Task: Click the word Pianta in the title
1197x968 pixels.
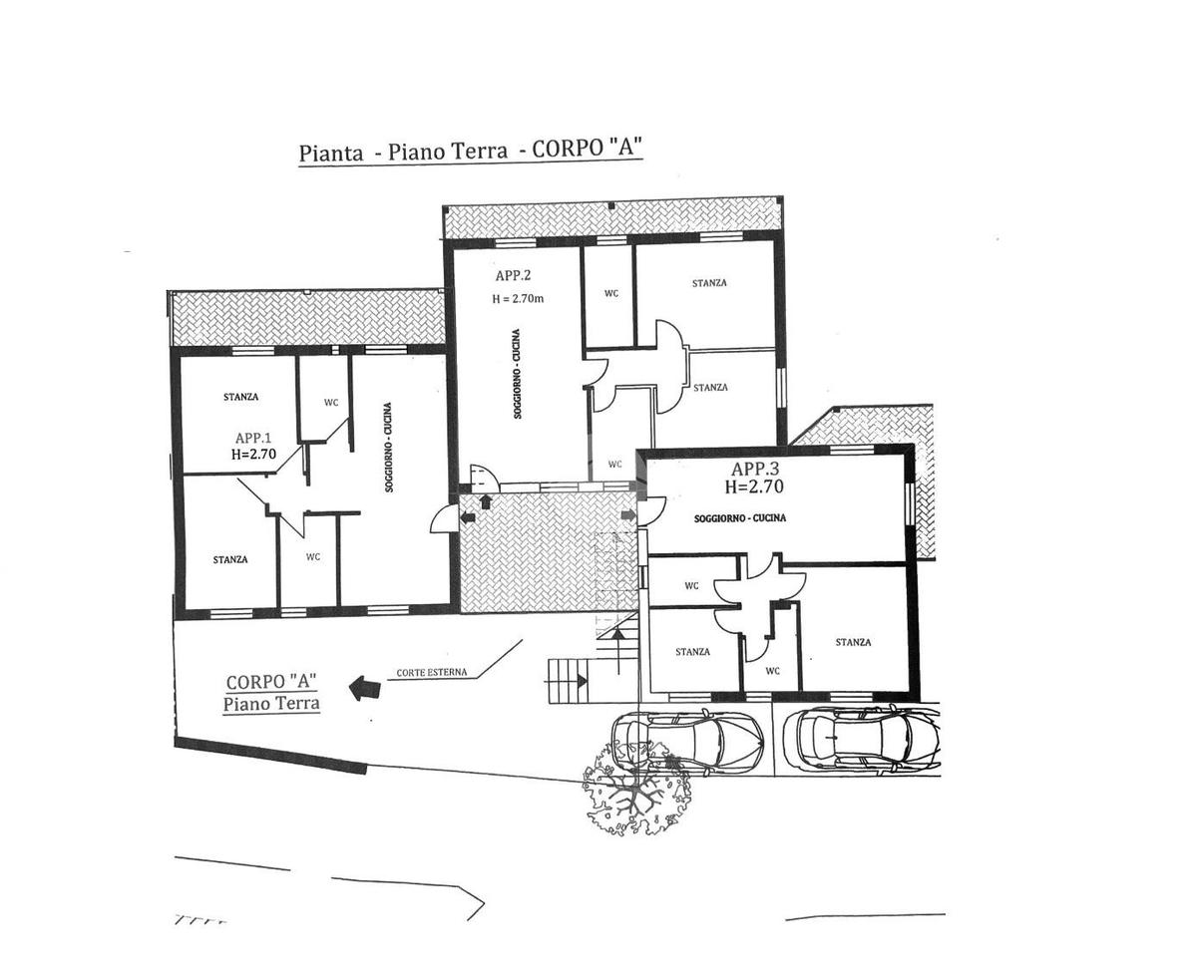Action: click(x=328, y=154)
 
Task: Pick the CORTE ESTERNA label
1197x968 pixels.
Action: click(x=431, y=672)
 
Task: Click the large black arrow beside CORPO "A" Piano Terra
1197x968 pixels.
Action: click(x=364, y=687)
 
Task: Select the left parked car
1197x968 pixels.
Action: click(x=688, y=740)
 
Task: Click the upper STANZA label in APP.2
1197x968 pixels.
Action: click(x=709, y=283)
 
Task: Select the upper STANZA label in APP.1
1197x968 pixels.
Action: click(x=240, y=397)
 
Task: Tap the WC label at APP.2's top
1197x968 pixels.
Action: click(x=610, y=293)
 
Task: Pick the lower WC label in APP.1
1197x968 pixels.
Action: click(x=312, y=557)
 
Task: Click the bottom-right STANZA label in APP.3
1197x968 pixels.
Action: click(x=853, y=642)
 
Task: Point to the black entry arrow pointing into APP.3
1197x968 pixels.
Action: click(x=628, y=514)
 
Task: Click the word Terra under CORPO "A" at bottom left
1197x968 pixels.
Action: click(x=298, y=704)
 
